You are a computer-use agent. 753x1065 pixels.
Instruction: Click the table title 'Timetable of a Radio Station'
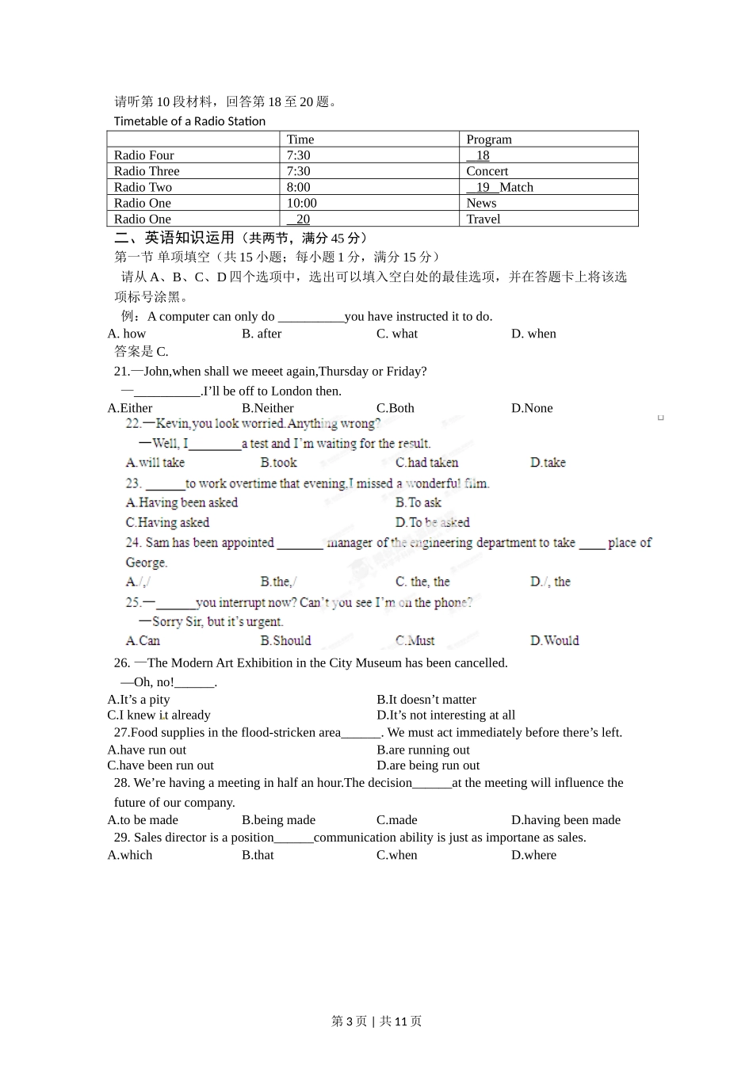point(189,121)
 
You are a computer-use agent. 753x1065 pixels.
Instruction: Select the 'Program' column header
point(488,139)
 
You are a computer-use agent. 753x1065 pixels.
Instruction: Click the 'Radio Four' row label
point(143,155)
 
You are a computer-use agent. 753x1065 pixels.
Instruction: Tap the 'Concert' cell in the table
point(487,171)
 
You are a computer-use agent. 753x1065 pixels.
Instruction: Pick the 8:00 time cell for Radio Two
point(298,187)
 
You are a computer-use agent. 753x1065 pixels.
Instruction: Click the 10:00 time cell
point(301,203)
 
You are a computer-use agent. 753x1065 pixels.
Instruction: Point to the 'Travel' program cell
point(483,219)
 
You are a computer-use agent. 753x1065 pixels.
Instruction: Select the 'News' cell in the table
point(481,203)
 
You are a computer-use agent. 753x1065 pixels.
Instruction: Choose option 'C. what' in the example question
point(396,334)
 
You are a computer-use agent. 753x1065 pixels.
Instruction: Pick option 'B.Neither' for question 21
point(267,408)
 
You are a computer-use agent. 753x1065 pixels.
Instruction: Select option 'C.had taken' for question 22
point(426,463)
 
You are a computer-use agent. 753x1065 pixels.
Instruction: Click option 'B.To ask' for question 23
point(418,502)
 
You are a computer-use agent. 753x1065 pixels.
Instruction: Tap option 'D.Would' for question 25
point(554,640)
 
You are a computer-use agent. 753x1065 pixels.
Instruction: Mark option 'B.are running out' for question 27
point(422,750)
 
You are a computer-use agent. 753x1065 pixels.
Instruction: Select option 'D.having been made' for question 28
point(565,820)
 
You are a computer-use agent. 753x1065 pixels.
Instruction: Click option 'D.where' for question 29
point(533,855)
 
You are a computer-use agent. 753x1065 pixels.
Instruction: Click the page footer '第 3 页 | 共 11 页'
point(376,1021)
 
